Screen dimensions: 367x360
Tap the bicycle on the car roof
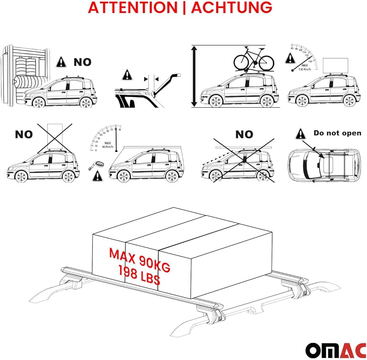(254, 59)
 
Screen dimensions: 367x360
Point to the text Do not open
(337, 133)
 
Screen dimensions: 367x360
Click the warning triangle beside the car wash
(61, 62)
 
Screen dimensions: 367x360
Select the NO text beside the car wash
(82, 62)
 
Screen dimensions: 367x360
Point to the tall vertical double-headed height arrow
(195, 76)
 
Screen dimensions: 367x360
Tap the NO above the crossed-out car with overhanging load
(244, 135)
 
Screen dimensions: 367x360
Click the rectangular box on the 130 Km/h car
(335, 66)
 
